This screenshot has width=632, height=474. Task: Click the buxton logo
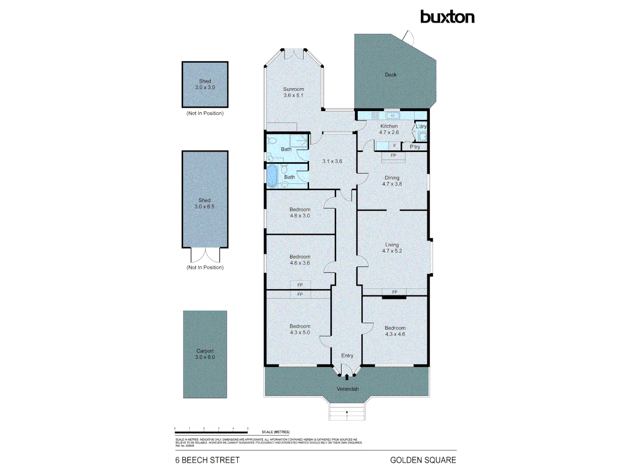click(447, 17)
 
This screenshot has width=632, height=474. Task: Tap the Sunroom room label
click(293, 89)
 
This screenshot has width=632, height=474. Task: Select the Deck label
click(391, 75)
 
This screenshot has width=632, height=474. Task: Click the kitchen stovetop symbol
click(375, 116)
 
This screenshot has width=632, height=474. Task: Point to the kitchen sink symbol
click(392, 116)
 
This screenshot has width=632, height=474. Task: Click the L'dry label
click(421, 126)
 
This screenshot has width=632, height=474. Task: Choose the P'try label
click(415, 147)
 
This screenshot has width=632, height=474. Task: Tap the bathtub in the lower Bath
click(272, 176)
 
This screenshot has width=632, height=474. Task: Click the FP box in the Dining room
click(393, 156)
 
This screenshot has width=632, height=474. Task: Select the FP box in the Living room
click(395, 292)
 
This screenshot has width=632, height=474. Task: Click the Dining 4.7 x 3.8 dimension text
click(392, 184)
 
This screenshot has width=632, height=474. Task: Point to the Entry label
click(347, 356)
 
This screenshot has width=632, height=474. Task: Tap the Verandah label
click(348, 389)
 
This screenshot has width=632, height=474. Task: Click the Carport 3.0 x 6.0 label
click(205, 354)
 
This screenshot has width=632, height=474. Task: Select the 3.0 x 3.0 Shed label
click(205, 84)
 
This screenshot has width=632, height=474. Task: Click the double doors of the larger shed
click(205, 255)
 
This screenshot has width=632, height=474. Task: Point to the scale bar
click(211, 432)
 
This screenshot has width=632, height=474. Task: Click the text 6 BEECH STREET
click(208, 460)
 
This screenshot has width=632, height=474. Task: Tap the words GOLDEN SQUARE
click(423, 460)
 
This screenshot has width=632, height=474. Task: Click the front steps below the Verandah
click(347, 412)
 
